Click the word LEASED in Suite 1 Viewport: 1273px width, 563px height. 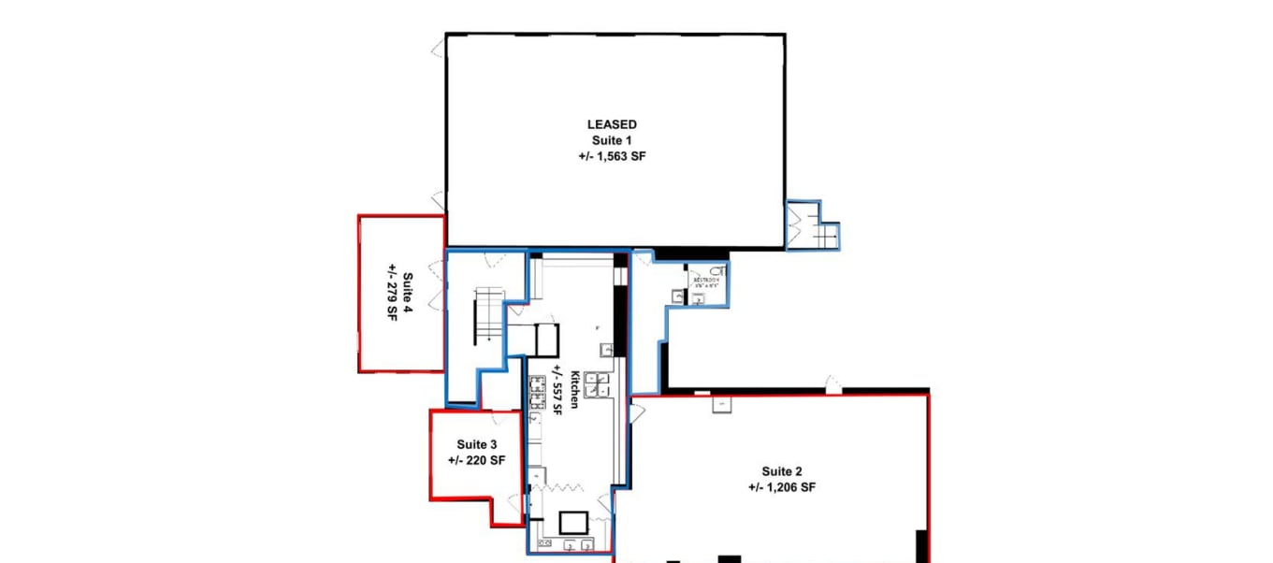click(x=612, y=124)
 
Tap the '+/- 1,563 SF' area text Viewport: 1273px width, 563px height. click(x=612, y=156)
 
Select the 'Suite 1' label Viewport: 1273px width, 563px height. click(x=612, y=140)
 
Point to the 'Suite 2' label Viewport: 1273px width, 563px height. click(x=782, y=471)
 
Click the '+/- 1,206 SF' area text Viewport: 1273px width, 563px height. click(x=782, y=487)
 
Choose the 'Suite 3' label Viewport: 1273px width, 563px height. click(x=476, y=444)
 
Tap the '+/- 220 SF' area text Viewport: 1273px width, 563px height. click(x=476, y=460)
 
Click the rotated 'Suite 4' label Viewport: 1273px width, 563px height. click(x=408, y=294)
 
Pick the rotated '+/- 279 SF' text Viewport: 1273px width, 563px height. click(x=392, y=294)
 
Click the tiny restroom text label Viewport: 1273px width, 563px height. click(x=704, y=281)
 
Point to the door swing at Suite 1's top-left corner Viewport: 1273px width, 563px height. click(x=438, y=49)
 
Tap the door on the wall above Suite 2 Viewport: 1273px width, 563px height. click(x=832, y=383)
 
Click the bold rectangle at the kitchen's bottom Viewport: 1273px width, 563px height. click(x=571, y=522)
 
